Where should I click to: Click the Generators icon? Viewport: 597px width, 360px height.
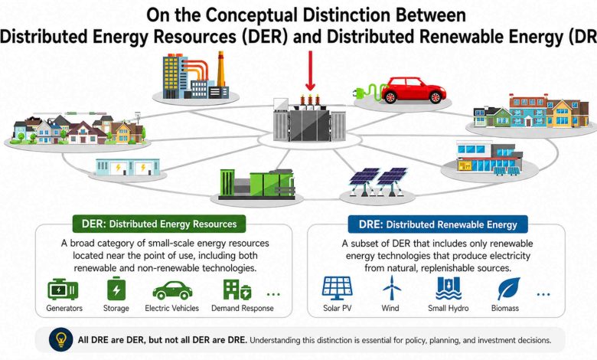63,290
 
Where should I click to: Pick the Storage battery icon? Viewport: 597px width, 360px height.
116,290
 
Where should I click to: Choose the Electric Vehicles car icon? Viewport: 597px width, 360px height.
172,290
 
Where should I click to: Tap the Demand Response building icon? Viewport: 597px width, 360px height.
236,290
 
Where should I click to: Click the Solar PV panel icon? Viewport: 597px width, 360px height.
337,289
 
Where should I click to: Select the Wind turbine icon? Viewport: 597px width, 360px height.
392,289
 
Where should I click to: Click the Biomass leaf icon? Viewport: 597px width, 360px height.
507,289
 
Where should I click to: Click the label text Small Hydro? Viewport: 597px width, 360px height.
447,309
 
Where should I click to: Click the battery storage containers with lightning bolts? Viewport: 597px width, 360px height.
128,168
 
